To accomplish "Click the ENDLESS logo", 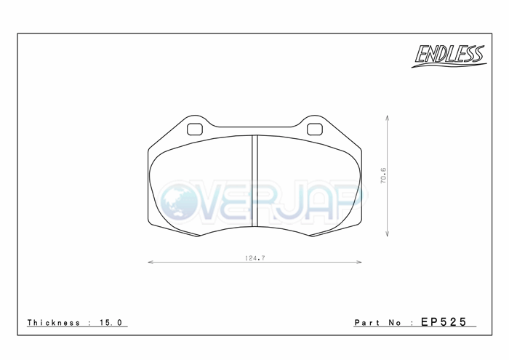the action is point(449,56).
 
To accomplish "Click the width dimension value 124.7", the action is point(254,258).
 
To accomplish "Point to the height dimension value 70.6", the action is point(383,175).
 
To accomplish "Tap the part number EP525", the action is point(444,321).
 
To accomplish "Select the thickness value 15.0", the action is point(111,323).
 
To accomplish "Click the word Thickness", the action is point(54,323).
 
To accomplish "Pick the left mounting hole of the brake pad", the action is point(195,129).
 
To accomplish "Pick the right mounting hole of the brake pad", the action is point(315,129).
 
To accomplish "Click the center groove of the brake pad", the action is point(254,180).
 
